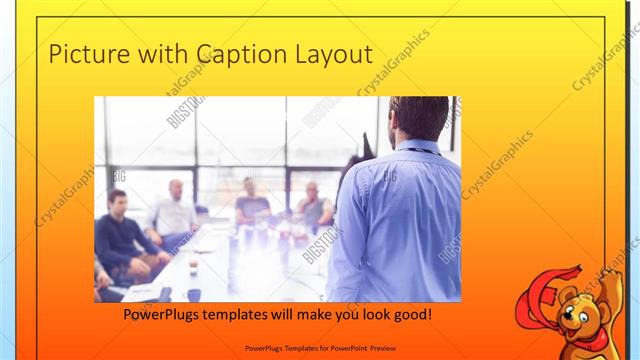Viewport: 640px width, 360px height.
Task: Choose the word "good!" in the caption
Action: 412,315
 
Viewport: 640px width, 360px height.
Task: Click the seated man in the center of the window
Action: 251,200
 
